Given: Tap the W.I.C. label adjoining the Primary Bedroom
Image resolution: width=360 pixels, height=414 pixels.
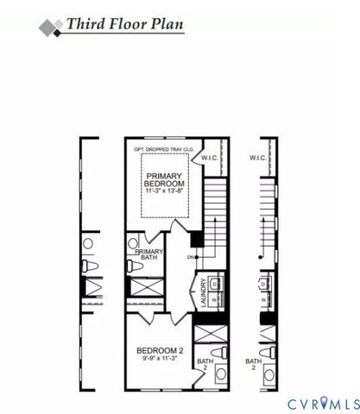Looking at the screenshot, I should click(211, 159).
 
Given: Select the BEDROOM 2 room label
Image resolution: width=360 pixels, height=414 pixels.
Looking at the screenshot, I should click(159, 350).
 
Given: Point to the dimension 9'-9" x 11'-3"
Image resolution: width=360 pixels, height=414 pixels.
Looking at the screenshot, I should click(159, 360).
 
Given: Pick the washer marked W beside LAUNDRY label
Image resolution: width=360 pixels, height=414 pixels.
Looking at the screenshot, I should click(216, 299).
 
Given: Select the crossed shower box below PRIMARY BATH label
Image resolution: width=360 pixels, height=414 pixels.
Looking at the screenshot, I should click(143, 287).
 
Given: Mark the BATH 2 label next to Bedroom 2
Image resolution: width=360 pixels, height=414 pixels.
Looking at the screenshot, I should click(204, 365).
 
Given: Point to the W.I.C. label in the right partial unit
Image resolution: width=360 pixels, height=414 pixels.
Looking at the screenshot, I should click(257, 159).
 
